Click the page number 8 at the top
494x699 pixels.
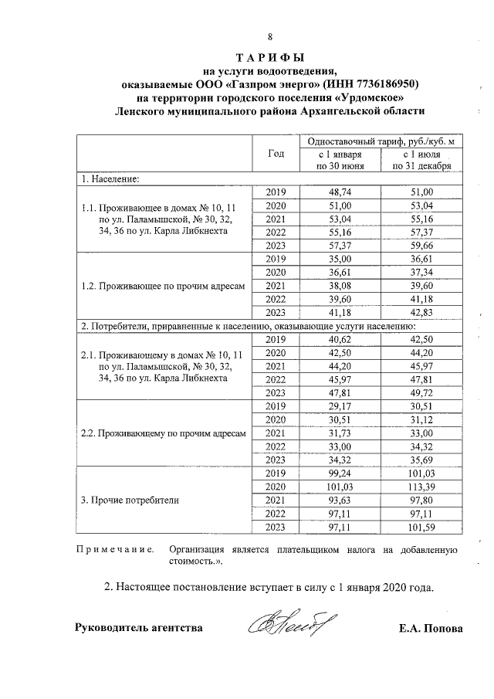(270, 38)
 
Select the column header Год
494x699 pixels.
(276, 153)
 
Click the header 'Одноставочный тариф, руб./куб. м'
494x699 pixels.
(381, 141)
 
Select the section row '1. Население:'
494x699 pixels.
(110, 178)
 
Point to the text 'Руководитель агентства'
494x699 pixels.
(138, 628)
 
